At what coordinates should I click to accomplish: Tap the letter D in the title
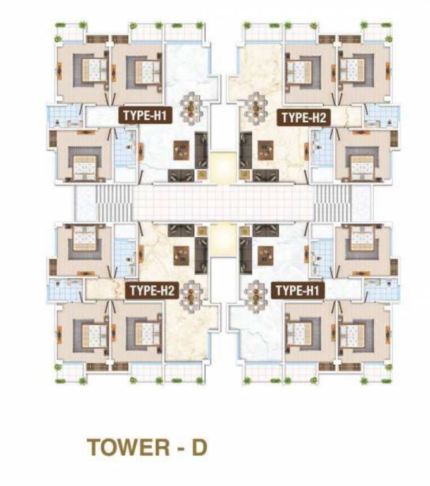(199, 446)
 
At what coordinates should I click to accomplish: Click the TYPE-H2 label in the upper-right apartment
(303, 116)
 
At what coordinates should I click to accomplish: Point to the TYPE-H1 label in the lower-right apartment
(298, 290)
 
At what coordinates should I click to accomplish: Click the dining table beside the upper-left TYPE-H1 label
(192, 106)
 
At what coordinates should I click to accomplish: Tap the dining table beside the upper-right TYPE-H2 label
(256, 106)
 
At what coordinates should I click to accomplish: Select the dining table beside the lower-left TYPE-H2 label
(192, 293)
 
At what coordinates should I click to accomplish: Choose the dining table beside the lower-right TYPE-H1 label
(256, 293)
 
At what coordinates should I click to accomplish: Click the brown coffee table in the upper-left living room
(182, 150)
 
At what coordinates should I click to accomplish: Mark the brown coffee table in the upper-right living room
(264, 150)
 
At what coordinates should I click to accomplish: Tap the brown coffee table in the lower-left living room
(182, 253)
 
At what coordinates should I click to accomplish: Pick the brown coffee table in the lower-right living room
(264, 253)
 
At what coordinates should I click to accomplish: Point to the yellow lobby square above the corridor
(222, 166)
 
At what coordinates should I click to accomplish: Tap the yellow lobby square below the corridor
(222, 238)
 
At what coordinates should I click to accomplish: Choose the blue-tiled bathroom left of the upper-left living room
(125, 150)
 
